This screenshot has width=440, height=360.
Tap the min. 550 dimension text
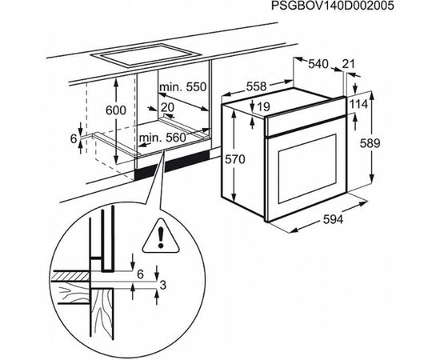click(x=183, y=86)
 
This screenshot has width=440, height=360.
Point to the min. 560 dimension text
click(x=163, y=138)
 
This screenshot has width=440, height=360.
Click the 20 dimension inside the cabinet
click(x=167, y=106)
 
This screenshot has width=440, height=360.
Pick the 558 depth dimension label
click(x=256, y=85)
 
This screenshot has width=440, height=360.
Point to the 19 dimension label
click(x=266, y=106)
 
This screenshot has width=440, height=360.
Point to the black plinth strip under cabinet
click(x=172, y=164)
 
